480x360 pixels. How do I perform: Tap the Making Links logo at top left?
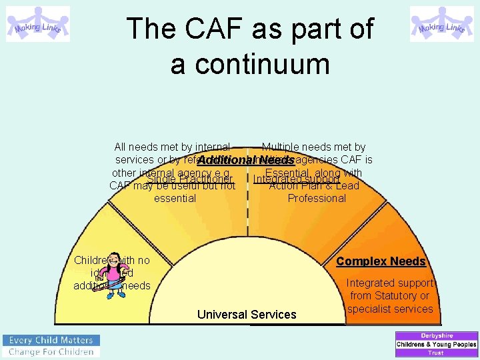pos(38,24)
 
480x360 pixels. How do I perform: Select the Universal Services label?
pos(247,315)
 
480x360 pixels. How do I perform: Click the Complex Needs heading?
pos(381,261)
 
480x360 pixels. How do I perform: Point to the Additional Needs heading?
pos(246,160)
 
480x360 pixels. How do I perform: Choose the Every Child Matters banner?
pos(51,339)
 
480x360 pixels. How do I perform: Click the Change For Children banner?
pos(51,351)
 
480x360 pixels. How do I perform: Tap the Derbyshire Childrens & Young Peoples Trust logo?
pos(437,344)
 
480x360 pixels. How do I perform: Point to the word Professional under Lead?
pos(317,198)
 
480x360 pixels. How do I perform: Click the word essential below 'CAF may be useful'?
pos(175,198)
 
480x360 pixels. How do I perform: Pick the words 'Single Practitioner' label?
pos(189,179)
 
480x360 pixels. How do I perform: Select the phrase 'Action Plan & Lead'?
pos(314,186)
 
